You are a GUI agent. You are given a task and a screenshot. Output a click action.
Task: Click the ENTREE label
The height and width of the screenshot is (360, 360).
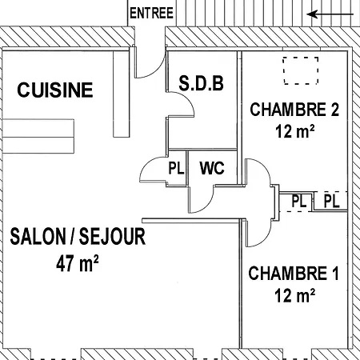151,14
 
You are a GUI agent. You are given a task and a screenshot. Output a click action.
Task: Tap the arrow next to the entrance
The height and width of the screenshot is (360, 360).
330,14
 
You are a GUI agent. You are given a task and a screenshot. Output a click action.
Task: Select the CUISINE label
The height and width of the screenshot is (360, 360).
55,90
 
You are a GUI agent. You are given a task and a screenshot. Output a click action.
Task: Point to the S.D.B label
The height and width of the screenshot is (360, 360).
201,83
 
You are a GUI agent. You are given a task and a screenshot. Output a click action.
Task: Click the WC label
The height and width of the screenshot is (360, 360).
212,168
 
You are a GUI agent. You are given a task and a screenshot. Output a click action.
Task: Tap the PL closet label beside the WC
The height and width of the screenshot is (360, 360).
176,168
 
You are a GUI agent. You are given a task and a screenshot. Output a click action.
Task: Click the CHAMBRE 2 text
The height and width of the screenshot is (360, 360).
294,110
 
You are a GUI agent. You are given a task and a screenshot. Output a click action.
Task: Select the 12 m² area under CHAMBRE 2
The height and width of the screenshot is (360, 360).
295,131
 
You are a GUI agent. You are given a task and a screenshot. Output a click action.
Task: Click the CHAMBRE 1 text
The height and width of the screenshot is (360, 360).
294,273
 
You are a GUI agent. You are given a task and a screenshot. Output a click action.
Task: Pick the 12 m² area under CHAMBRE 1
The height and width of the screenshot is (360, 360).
295,295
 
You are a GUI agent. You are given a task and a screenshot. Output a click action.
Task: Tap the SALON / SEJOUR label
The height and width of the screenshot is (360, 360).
78,237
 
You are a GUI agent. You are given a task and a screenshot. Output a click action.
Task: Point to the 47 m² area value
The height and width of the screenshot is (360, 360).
78,263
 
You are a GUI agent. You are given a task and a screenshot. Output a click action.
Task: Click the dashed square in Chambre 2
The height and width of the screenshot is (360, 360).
301,70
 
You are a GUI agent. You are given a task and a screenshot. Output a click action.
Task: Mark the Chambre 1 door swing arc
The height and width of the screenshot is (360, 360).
266,238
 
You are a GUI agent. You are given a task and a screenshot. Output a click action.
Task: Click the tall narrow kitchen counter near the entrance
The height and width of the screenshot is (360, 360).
122,94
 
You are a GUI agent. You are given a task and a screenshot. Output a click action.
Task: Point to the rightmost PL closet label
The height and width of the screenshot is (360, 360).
331,201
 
